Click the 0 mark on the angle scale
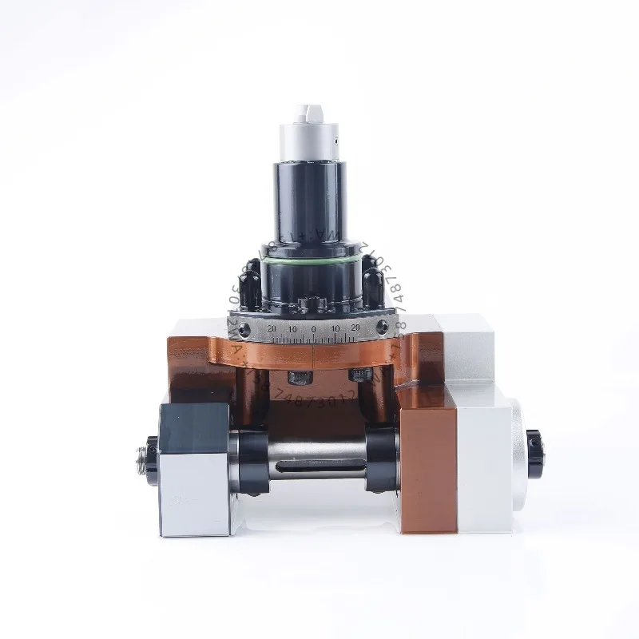(x=313, y=329)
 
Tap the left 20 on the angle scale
(x=272, y=328)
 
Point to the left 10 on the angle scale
(x=293, y=329)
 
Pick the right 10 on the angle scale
(x=335, y=329)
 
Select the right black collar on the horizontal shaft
(x=381, y=458)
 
